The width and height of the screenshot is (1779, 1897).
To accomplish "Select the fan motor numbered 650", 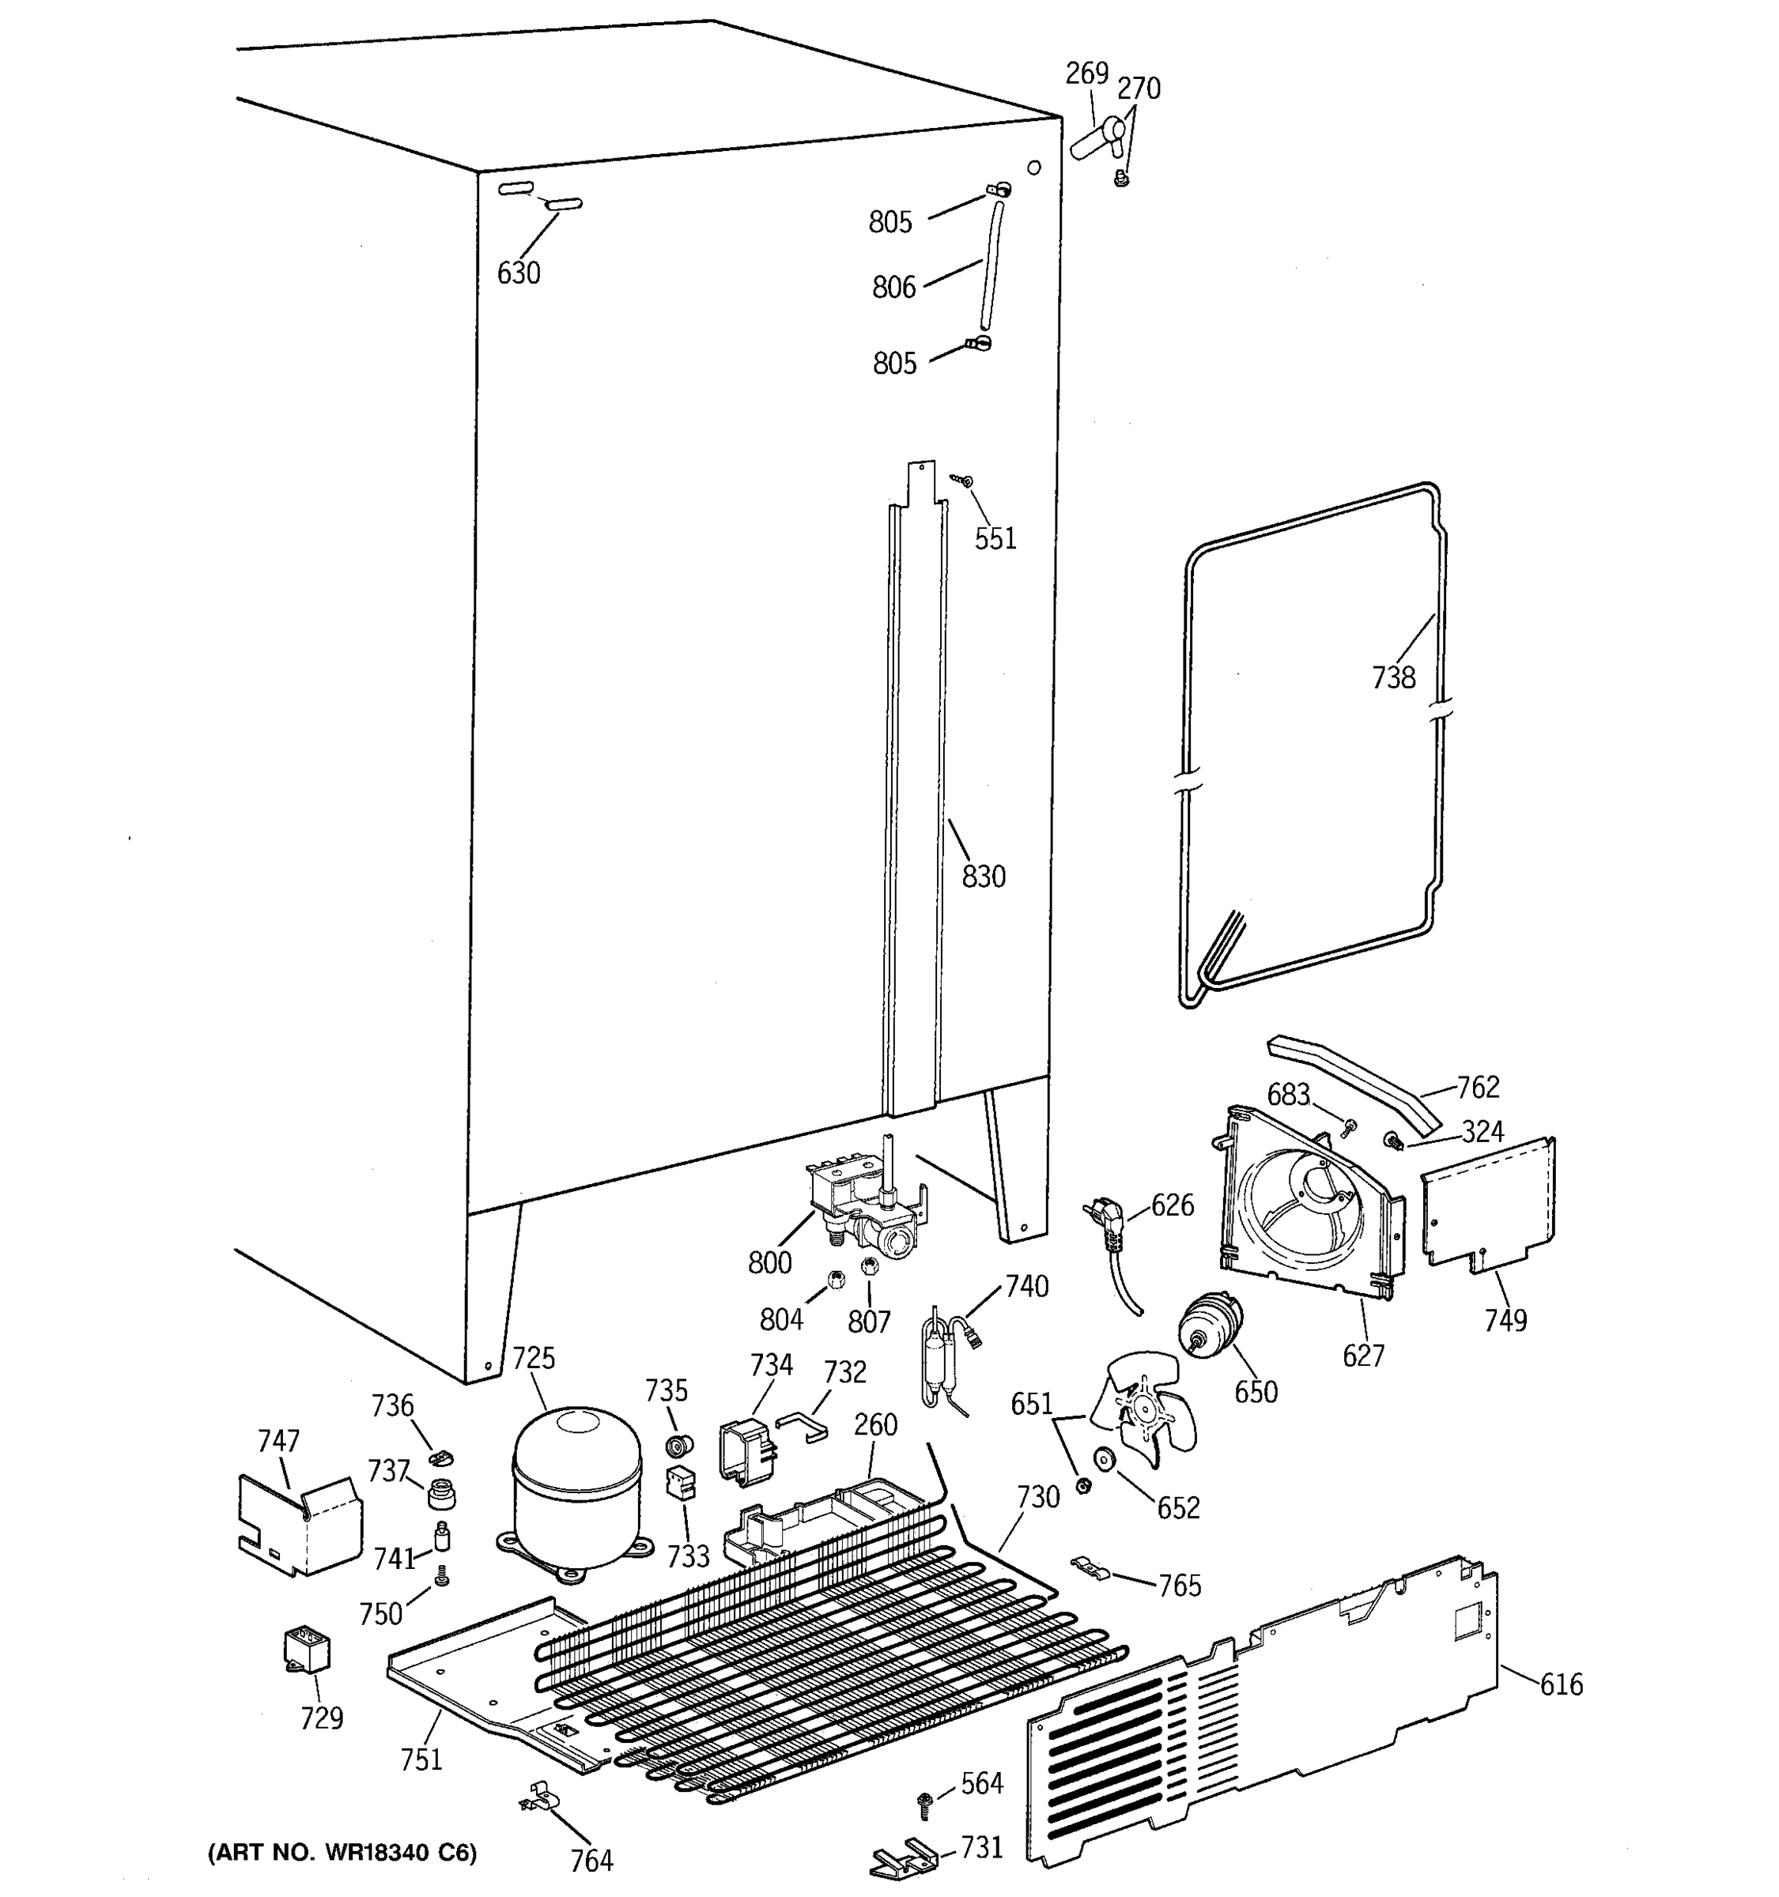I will pyautogui.click(x=1209, y=1327).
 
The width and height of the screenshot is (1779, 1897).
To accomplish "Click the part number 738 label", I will pyautogui.click(x=1393, y=677).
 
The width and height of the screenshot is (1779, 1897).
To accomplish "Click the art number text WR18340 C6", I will pyautogui.click(x=342, y=1853).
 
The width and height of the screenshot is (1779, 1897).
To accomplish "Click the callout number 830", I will pyautogui.click(x=983, y=876).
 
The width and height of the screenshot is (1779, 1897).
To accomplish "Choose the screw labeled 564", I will pyautogui.click(x=923, y=1802).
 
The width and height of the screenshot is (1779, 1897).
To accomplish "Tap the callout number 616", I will pyautogui.click(x=1562, y=1685).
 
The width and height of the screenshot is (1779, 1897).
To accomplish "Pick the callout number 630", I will pyautogui.click(x=518, y=273).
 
